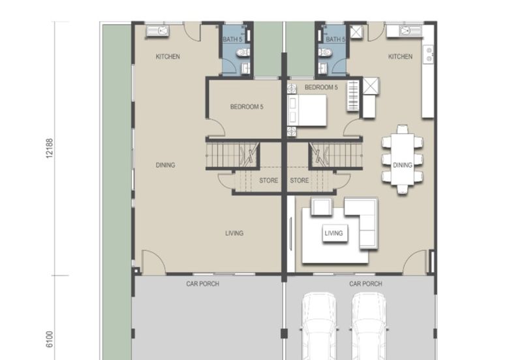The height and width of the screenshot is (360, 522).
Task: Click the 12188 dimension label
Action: [x=50, y=149]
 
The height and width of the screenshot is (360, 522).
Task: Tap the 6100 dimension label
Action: [x=50, y=339]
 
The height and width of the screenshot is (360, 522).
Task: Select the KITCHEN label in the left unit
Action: [x=168, y=57]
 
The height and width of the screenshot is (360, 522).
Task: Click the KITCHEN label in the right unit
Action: [x=400, y=57]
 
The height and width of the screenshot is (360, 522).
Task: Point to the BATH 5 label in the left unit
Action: [x=232, y=39]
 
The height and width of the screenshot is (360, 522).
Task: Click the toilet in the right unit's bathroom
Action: [x=325, y=52]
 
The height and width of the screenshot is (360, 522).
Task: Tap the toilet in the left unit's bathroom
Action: [x=243, y=52]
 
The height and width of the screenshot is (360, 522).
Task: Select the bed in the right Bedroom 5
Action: [x=307, y=110]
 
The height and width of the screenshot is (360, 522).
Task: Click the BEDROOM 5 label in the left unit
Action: [x=247, y=107]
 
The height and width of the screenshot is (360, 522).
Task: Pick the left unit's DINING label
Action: [x=166, y=165]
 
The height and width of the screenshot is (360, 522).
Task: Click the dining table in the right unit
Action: [x=403, y=159]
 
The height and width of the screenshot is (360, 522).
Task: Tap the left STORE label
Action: [x=269, y=181]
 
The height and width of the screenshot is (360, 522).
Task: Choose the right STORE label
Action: [x=299, y=181]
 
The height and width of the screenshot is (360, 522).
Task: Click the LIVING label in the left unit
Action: [x=234, y=233]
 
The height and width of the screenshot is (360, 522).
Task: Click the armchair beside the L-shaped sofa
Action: [x=322, y=207]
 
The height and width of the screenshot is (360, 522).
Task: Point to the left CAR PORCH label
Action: [x=203, y=284]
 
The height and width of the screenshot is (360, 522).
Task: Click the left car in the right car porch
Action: [x=319, y=326]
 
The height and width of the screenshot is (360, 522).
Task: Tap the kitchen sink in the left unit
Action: [x=158, y=31]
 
